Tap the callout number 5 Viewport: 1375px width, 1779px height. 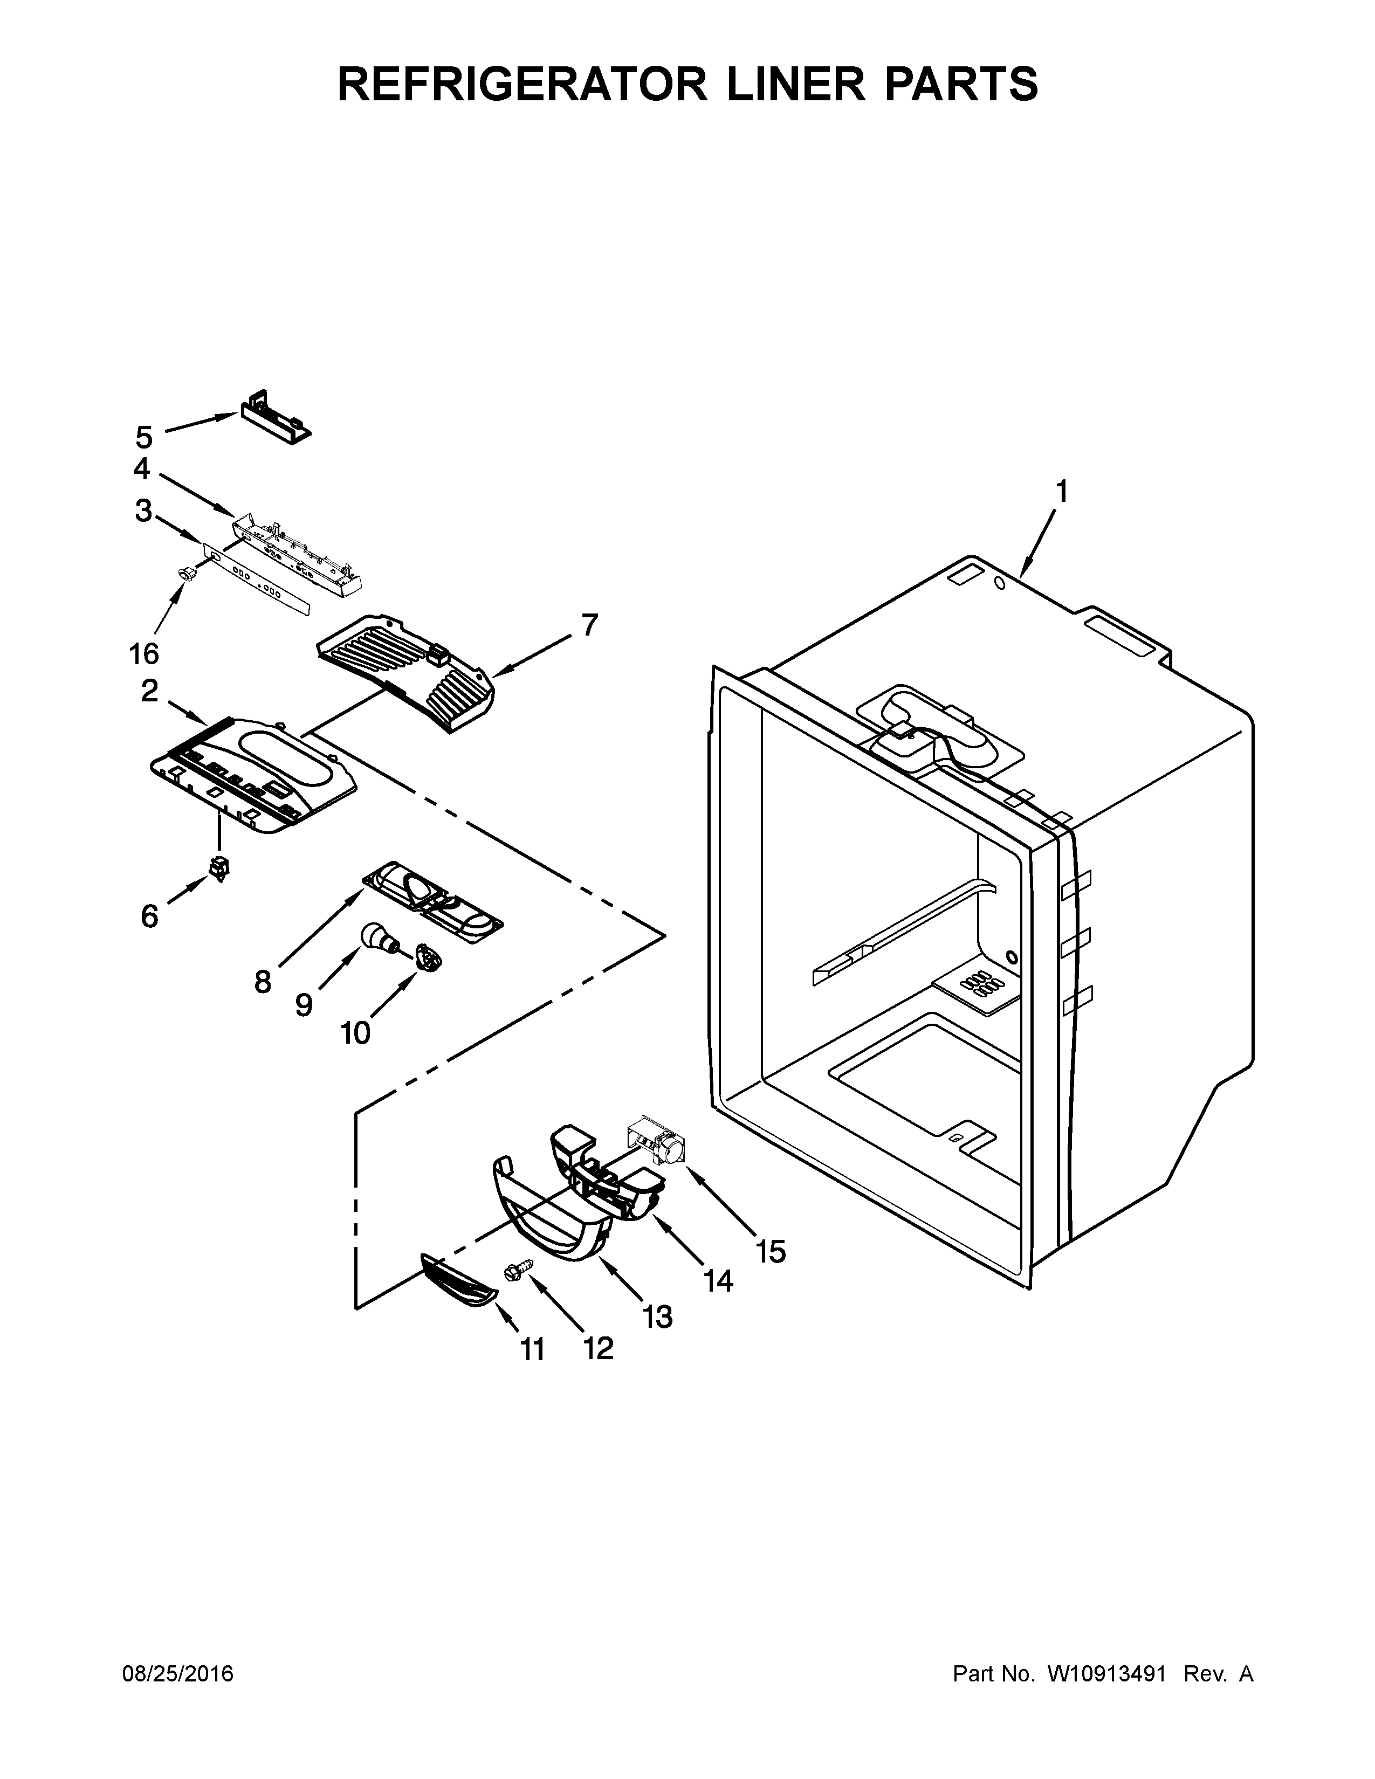click(x=144, y=437)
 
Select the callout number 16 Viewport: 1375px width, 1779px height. click(x=143, y=653)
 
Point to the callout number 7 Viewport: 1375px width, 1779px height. click(x=589, y=625)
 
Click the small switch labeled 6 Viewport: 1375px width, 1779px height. click(x=219, y=868)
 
